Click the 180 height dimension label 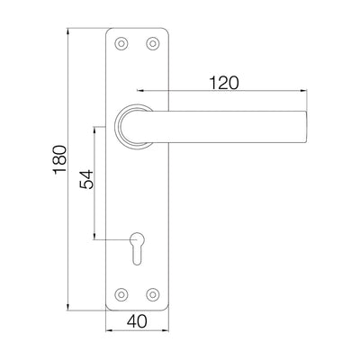pos(59,159)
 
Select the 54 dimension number pos(86,179)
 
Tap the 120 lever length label pos(224,83)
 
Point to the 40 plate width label pos(137,321)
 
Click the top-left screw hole pos(121,43)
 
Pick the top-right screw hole pos(153,43)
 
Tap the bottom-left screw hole pos(121,294)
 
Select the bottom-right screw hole pos(153,294)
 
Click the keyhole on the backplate pos(137,247)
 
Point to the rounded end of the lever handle pos(305,127)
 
